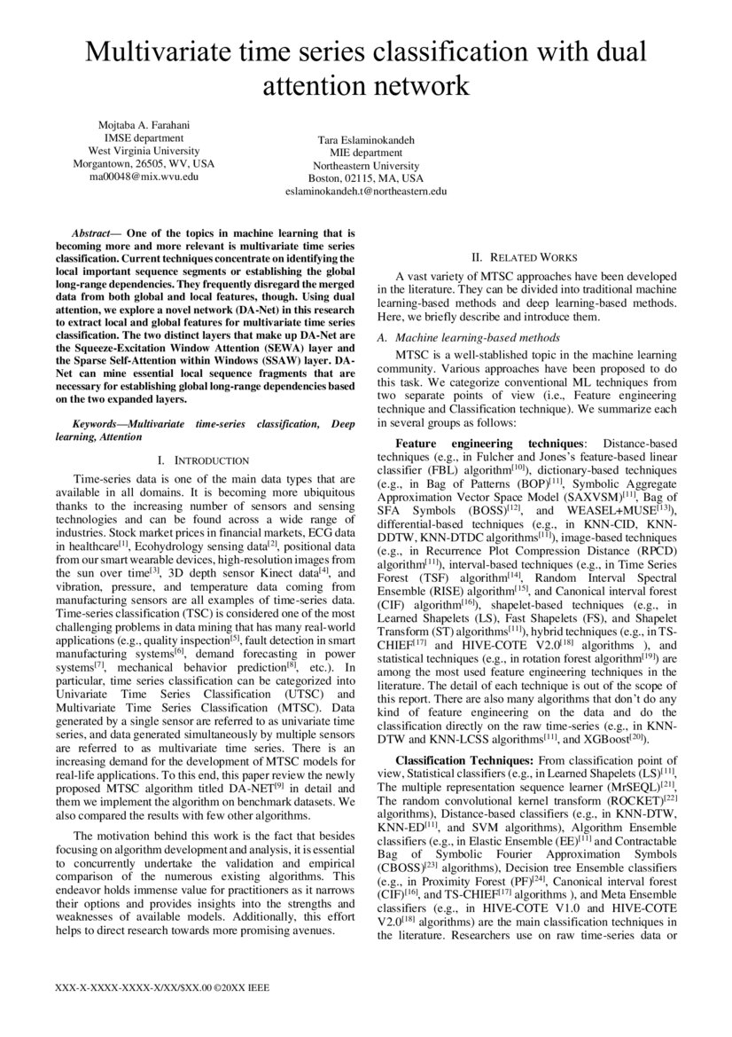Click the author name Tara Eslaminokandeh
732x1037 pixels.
tap(366, 139)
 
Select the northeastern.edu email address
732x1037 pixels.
tap(366, 191)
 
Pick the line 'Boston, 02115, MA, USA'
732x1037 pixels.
tap(366, 177)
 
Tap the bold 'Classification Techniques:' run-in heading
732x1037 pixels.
tap(464, 760)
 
